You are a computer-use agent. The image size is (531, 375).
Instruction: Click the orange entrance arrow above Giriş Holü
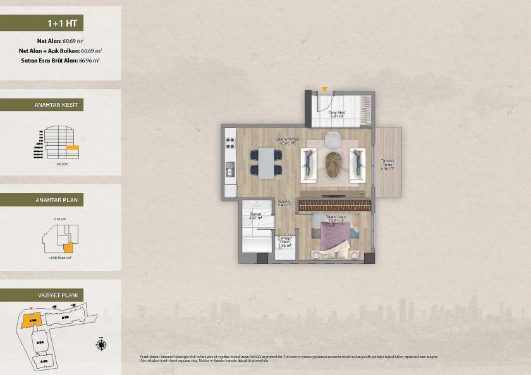(x=324, y=90)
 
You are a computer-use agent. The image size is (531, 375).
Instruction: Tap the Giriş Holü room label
(x=336, y=114)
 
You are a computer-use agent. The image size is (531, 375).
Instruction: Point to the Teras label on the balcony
(x=387, y=164)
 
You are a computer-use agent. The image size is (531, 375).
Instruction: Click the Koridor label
(x=284, y=203)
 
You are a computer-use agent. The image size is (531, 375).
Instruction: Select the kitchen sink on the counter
(x=230, y=169)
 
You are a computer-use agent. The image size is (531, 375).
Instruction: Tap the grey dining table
(x=269, y=161)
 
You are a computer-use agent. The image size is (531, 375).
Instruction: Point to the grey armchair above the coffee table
(x=332, y=138)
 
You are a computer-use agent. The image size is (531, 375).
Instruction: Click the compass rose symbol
(x=101, y=344)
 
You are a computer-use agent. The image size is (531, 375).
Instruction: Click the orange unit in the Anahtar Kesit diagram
(x=73, y=147)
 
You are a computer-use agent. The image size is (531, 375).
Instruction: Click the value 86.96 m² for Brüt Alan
(x=88, y=60)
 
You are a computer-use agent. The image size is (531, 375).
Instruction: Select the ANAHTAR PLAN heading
(x=59, y=200)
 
